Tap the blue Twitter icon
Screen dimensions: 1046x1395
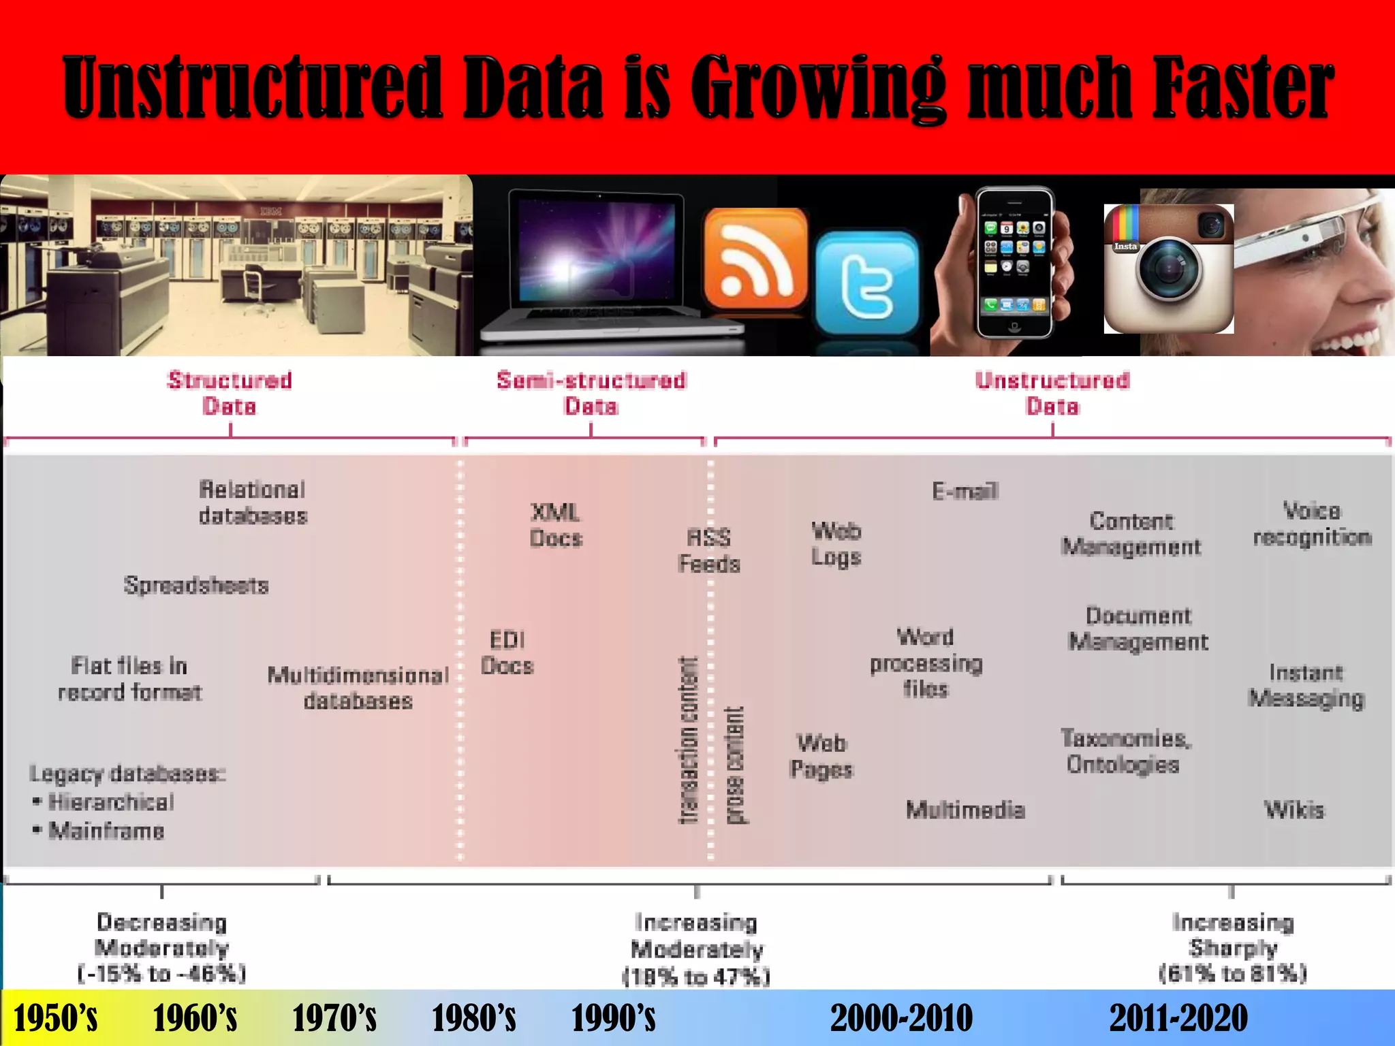pyautogui.click(x=866, y=283)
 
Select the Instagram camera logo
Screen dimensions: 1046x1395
pyautogui.click(x=1168, y=269)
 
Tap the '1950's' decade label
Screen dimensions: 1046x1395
pyautogui.click(x=55, y=1019)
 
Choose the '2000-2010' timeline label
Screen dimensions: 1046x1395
pyautogui.click(x=901, y=1019)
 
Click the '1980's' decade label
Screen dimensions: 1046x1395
pyautogui.click(x=473, y=1019)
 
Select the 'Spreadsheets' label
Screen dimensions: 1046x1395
pyautogui.click(x=196, y=586)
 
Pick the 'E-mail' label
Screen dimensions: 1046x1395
pyautogui.click(x=965, y=491)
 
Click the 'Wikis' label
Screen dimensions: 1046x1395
pyautogui.click(x=1294, y=810)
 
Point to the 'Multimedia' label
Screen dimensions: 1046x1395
pyautogui.click(x=965, y=810)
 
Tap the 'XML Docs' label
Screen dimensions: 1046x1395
pyautogui.click(x=556, y=525)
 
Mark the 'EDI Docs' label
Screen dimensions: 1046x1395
pyautogui.click(x=507, y=653)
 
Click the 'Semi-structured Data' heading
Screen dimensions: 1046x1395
pyautogui.click(x=591, y=393)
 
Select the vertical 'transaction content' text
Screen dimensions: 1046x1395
pyautogui.click(x=689, y=740)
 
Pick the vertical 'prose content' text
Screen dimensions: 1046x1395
pyautogui.click(x=734, y=765)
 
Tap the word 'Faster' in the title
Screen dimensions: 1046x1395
pyautogui.click(x=1242, y=88)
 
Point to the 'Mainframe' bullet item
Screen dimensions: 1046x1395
pyautogui.click(x=106, y=831)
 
